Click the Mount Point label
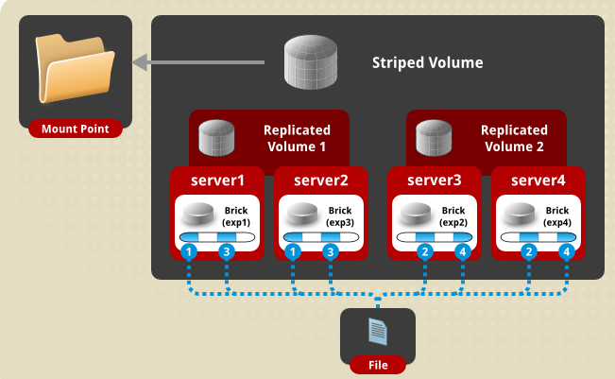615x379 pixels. [x=76, y=129]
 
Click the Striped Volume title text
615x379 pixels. [x=427, y=63]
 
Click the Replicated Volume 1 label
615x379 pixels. [x=297, y=138]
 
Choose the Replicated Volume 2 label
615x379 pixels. [x=514, y=138]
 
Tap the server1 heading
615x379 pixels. [x=217, y=180]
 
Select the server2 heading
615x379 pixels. [x=321, y=180]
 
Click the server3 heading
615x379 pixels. [x=435, y=180]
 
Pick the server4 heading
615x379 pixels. [x=538, y=180]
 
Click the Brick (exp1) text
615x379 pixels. [x=235, y=215]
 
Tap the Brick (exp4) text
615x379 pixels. [x=556, y=215]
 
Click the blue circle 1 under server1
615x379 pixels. [x=189, y=252]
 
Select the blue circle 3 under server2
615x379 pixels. [x=330, y=252]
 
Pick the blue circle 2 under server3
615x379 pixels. [x=425, y=252]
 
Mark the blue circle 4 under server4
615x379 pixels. [x=566, y=252]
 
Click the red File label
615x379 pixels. [x=377, y=364]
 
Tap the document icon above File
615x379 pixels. [x=377, y=331]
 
